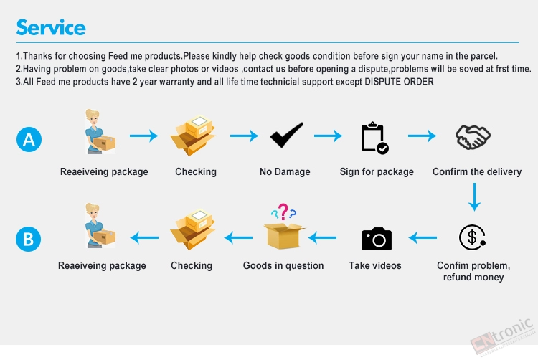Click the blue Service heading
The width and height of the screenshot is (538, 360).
51,27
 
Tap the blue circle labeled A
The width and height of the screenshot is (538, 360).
29,139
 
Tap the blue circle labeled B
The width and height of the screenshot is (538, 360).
29,239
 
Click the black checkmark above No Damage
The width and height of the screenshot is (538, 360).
286,135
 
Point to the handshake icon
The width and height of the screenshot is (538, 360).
473,137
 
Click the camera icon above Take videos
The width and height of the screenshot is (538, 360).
377,239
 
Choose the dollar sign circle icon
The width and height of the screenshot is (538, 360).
472,237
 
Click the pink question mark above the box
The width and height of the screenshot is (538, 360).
283,212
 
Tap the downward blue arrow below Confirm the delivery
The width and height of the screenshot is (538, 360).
475,196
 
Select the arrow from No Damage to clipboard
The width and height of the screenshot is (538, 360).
328,136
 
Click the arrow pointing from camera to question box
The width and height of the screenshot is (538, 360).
322,237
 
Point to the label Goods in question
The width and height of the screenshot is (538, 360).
283,266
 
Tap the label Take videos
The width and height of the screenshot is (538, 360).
375,266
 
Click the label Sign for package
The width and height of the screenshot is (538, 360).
377,172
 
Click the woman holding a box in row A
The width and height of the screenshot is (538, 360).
100,132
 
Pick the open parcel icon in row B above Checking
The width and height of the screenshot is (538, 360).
192,229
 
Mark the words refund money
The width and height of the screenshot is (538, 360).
473,277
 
